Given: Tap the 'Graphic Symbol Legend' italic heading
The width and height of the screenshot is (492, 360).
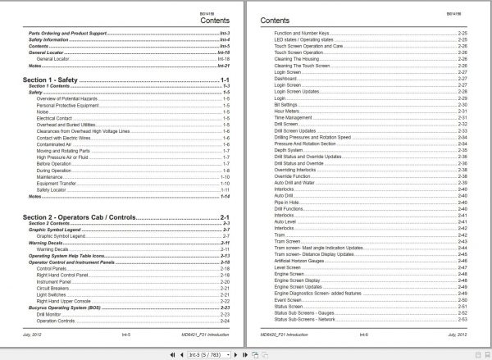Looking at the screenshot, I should [58, 229].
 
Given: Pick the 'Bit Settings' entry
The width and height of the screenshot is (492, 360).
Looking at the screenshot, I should [288, 104].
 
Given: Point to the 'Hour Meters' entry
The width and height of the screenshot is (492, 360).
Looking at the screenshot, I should [289, 111].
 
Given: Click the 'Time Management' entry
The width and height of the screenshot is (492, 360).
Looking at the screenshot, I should [297, 118].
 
